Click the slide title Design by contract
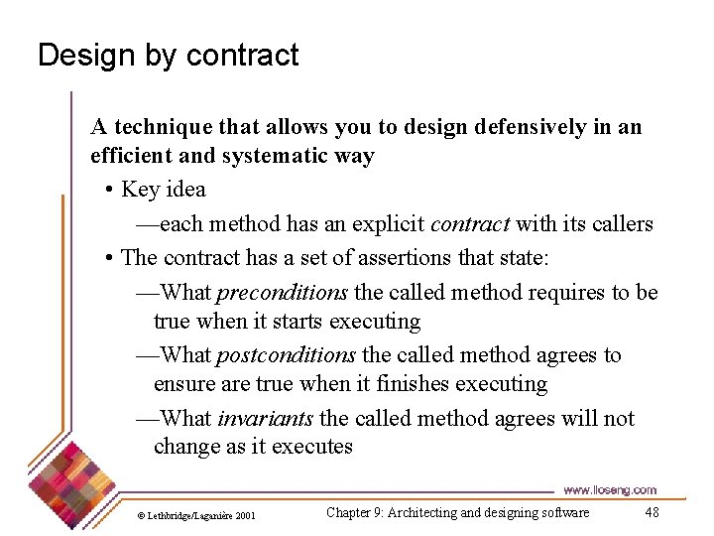pos(168,56)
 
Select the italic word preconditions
pos(282,292)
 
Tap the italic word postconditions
pos(286,354)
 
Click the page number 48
pos(652,512)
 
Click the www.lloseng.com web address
pos(609,489)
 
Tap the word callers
pos(621,223)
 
